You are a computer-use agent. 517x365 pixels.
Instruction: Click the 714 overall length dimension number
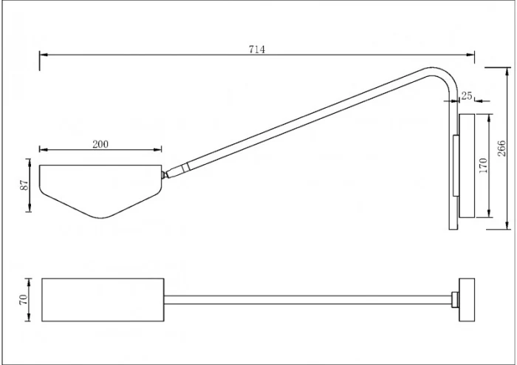click(x=257, y=49)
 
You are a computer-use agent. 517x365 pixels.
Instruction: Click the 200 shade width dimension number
click(x=100, y=144)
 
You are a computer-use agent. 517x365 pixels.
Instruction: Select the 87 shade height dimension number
click(x=24, y=185)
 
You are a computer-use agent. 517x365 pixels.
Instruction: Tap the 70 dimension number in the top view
click(x=24, y=300)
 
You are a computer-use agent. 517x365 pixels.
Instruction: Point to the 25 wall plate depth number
click(x=466, y=95)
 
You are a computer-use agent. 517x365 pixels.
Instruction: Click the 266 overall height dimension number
click(x=501, y=148)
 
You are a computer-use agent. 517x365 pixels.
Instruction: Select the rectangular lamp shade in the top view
click(x=103, y=300)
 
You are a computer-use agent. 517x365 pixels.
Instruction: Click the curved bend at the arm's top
click(x=441, y=75)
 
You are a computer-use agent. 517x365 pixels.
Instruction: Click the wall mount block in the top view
click(x=467, y=299)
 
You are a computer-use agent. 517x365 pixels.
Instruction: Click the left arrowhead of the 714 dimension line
click(x=41, y=54)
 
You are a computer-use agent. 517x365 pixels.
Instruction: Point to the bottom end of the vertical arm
click(x=452, y=225)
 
